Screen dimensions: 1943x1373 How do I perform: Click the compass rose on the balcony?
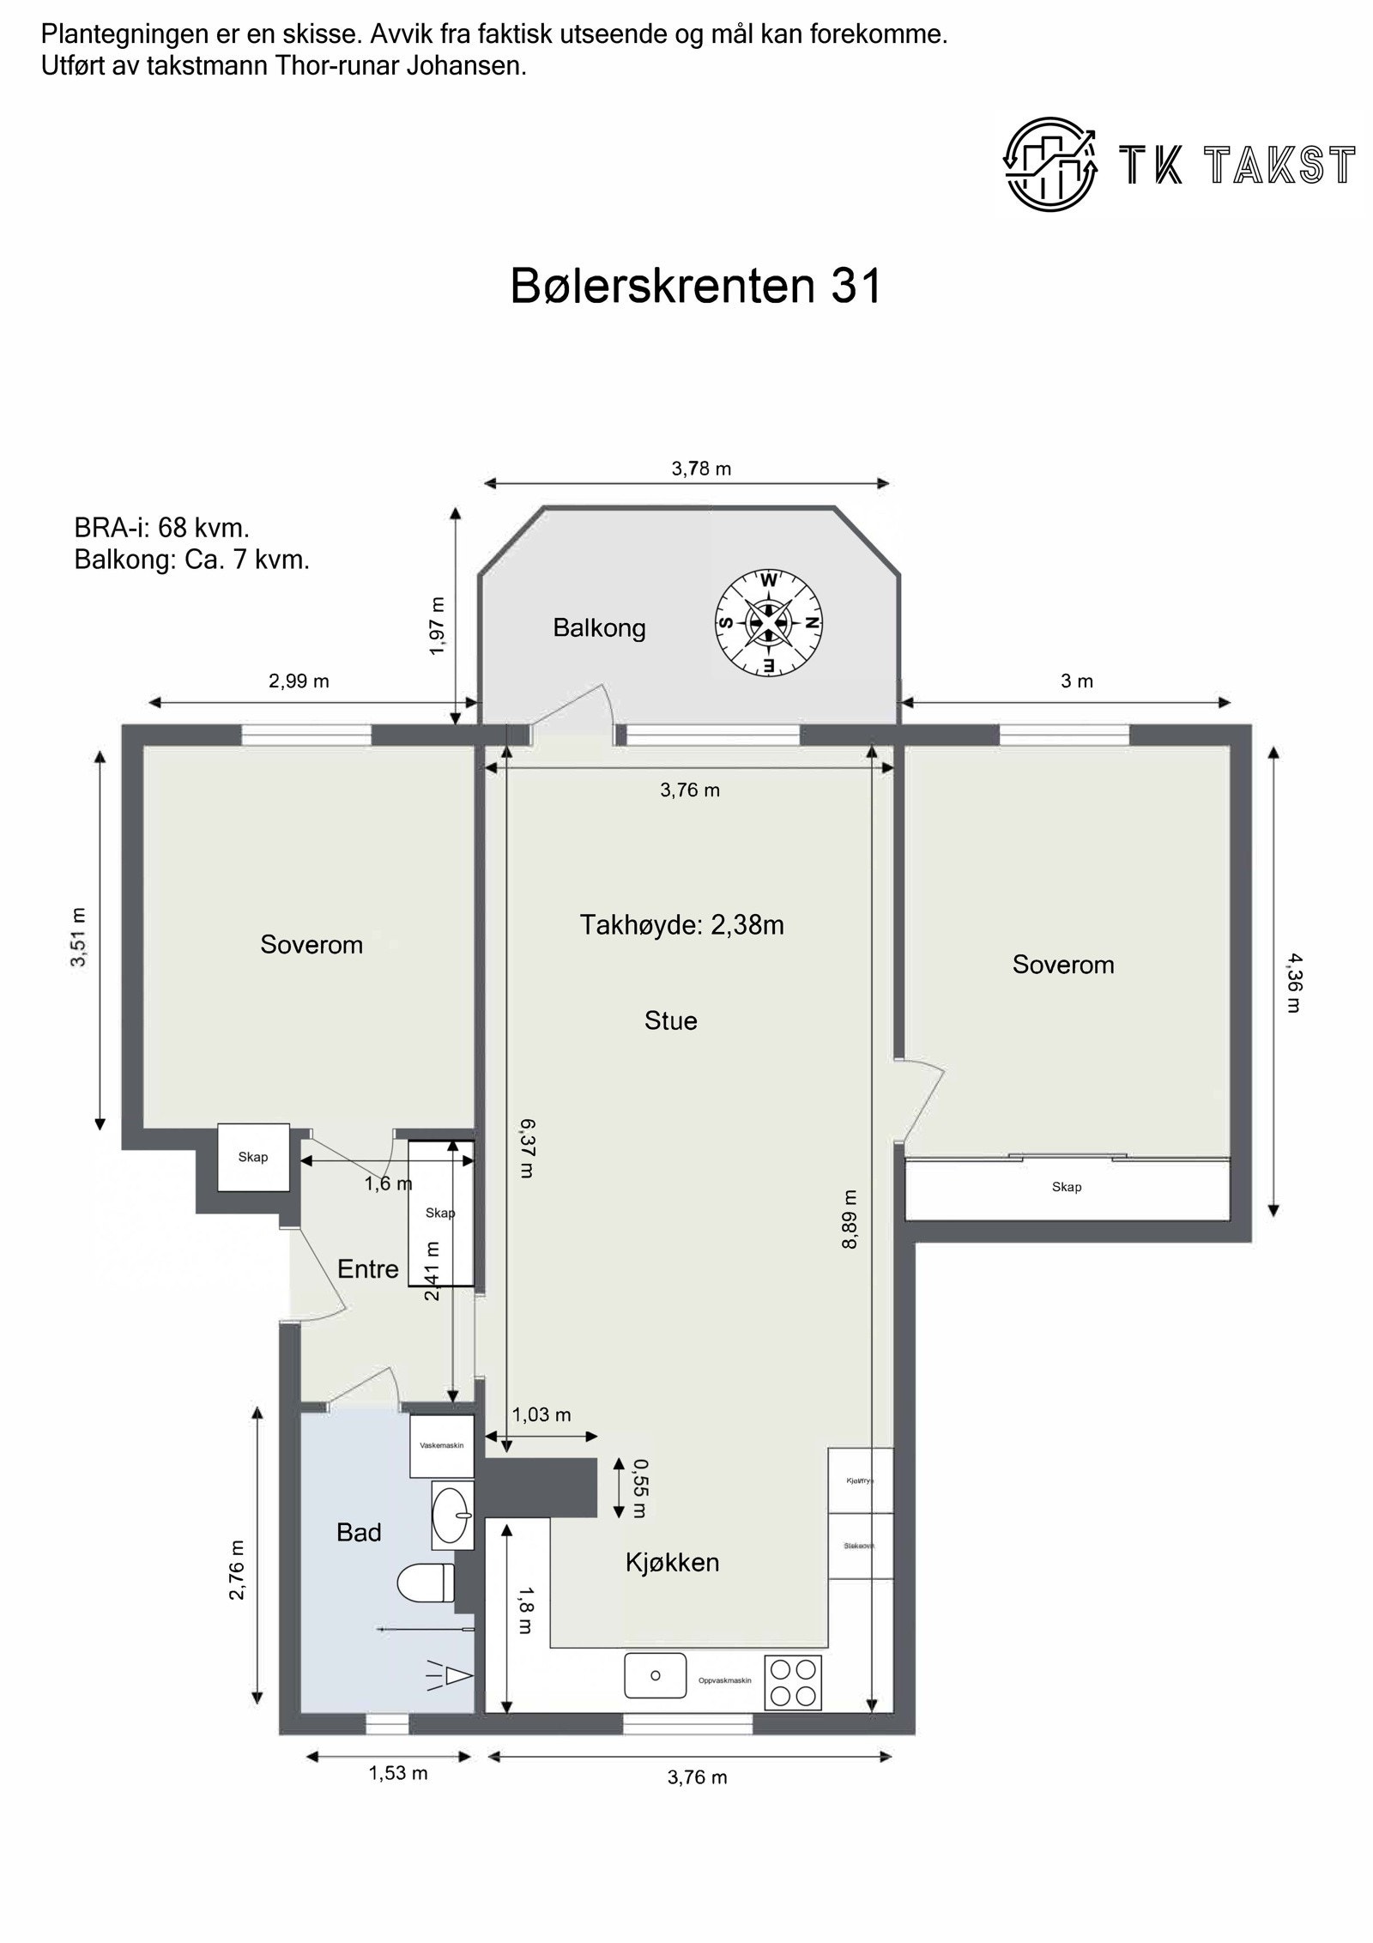pyautogui.click(x=768, y=623)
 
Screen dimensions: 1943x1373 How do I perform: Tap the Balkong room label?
pyautogui.click(x=599, y=628)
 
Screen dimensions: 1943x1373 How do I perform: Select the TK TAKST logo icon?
pyautogui.click(x=1051, y=164)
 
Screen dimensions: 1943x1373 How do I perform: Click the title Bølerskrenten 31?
pyautogui.click(x=696, y=287)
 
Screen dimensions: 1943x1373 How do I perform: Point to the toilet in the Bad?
pyautogui.click(x=427, y=1582)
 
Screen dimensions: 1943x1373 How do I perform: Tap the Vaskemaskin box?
pyautogui.click(x=442, y=1446)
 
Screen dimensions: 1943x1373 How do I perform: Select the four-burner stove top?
pyautogui.click(x=792, y=1682)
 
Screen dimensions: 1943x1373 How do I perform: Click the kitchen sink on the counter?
pyautogui.click(x=655, y=1675)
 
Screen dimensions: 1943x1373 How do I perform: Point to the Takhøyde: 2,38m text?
pyautogui.click(x=681, y=925)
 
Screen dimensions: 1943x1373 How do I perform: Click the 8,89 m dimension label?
pyautogui.click(x=850, y=1220)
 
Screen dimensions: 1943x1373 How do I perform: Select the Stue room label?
pyautogui.click(x=670, y=1020)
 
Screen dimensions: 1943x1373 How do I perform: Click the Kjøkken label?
pyautogui.click(x=672, y=1562)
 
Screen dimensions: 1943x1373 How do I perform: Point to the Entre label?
pyautogui.click(x=367, y=1268)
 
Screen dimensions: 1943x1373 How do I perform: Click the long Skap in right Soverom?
pyautogui.click(x=1067, y=1188)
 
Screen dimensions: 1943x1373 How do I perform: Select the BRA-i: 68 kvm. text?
pyautogui.click(x=161, y=527)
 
